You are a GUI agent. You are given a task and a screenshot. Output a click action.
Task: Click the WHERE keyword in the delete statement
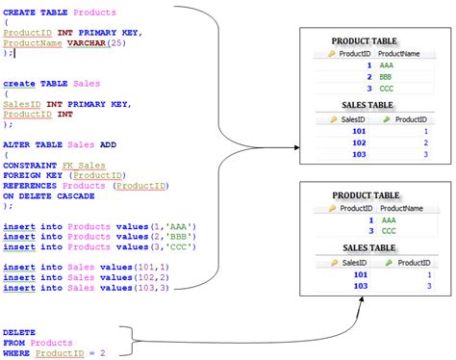coord(16,353)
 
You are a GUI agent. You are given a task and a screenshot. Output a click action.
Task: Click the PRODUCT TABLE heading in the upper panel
coord(365,42)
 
